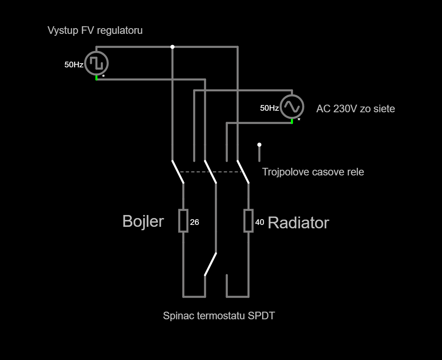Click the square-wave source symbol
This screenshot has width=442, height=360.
pyautogui.click(x=96, y=63)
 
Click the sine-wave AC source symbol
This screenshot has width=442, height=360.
pyautogui.click(x=292, y=106)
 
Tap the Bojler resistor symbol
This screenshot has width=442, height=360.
pyautogui.click(x=183, y=220)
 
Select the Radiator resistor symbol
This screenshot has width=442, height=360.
pyautogui.click(x=248, y=220)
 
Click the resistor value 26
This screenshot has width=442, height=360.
pyautogui.click(x=194, y=222)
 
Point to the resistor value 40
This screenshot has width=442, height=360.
pyautogui.click(x=259, y=222)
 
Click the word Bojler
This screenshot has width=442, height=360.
pyautogui.click(x=143, y=221)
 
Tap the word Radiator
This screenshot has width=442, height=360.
pyautogui.click(x=298, y=223)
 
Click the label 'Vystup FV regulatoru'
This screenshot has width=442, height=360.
pyautogui.click(x=95, y=30)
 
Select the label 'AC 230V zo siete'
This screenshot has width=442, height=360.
pyautogui.click(x=355, y=109)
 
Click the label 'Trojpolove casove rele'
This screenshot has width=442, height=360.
pyautogui.click(x=313, y=172)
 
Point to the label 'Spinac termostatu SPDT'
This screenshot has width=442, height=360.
pyautogui.click(x=219, y=316)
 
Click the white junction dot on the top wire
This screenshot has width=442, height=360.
pyautogui.click(x=172, y=47)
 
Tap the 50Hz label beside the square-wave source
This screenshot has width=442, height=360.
pyautogui.click(x=74, y=65)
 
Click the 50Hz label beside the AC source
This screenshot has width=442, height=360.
pyautogui.click(x=269, y=108)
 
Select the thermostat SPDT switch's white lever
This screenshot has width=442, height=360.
pyautogui.click(x=210, y=264)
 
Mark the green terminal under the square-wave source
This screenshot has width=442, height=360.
pyautogui.click(x=96, y=78)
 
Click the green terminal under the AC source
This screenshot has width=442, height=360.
pyautogui.click(x=292, y=121)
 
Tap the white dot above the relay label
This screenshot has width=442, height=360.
pyautogui.click(x=259, y=145)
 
